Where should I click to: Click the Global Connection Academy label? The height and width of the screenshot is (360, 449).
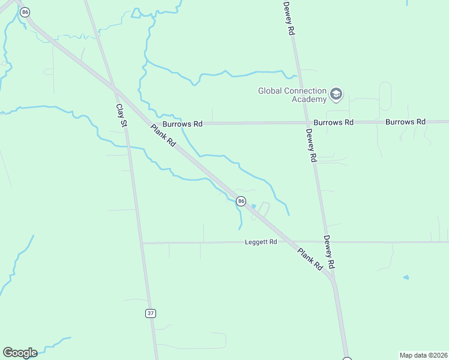pyautogui.click(x=292, y=95)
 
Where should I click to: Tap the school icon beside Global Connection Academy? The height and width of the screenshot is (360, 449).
pyautogui.click(x=336, y=94)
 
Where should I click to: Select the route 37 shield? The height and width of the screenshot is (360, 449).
pyautogui.click(x=150, y=313)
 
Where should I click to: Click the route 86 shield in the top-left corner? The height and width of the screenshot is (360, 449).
pyautogui.click(x=25, y=11)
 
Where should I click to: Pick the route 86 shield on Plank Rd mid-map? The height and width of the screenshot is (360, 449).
pyautogui.click(x=241, y=201)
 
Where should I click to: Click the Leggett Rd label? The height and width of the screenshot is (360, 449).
pyautogui.click(x=261, y=242)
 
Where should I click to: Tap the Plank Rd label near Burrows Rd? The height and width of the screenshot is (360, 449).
pyautogui.click(x=163, y=136)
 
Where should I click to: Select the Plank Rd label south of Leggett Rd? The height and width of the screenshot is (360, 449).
pyautogui.click(x=310, y=259)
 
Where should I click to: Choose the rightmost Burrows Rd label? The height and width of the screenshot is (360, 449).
pyautogui.click(x=405, y=122)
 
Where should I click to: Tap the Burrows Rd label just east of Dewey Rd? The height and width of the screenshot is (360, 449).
pyautogui.click(x=333, y=122)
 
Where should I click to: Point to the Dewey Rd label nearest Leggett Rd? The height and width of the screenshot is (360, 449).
pyautogui.click(x=329, y=251)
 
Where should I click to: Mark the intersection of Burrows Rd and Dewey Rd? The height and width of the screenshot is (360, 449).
pyautogui.click(x=306, y=122)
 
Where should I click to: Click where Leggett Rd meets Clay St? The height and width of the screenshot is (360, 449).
pyautogui.click(x=142, y=243)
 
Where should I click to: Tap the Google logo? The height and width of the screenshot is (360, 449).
pyautogui.click(x=20, y=353)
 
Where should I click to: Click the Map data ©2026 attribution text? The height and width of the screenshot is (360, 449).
pyautogui.click(x=423, y=355)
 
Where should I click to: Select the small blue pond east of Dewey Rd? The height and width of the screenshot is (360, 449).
pyautogui.click(x=406, y=277)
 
